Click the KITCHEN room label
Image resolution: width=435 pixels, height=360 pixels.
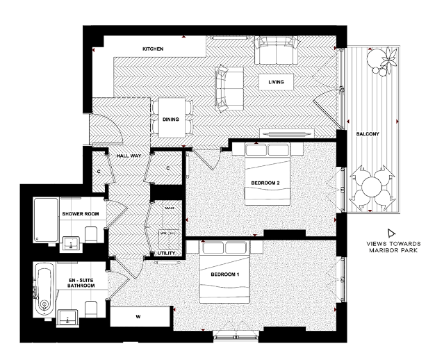click(x=152, y=49)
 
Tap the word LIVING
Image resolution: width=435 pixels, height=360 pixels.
click(x=277, y=82)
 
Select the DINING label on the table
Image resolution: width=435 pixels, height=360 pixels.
click(x=171, y=120)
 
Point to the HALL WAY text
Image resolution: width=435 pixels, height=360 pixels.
click(x=129, y=156)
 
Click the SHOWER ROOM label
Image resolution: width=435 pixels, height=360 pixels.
click(x=80, y=213)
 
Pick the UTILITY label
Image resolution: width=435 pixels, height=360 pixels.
click(x=167, y=254)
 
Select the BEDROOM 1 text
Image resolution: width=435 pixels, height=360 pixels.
click(x=225, y=275)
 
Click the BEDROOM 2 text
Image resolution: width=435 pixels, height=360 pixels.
click(x=265, y=183)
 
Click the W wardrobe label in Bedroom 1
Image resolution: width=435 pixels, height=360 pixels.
click(x=138, y=317)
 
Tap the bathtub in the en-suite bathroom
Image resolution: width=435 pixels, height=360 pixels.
click(x=44, y=286)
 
